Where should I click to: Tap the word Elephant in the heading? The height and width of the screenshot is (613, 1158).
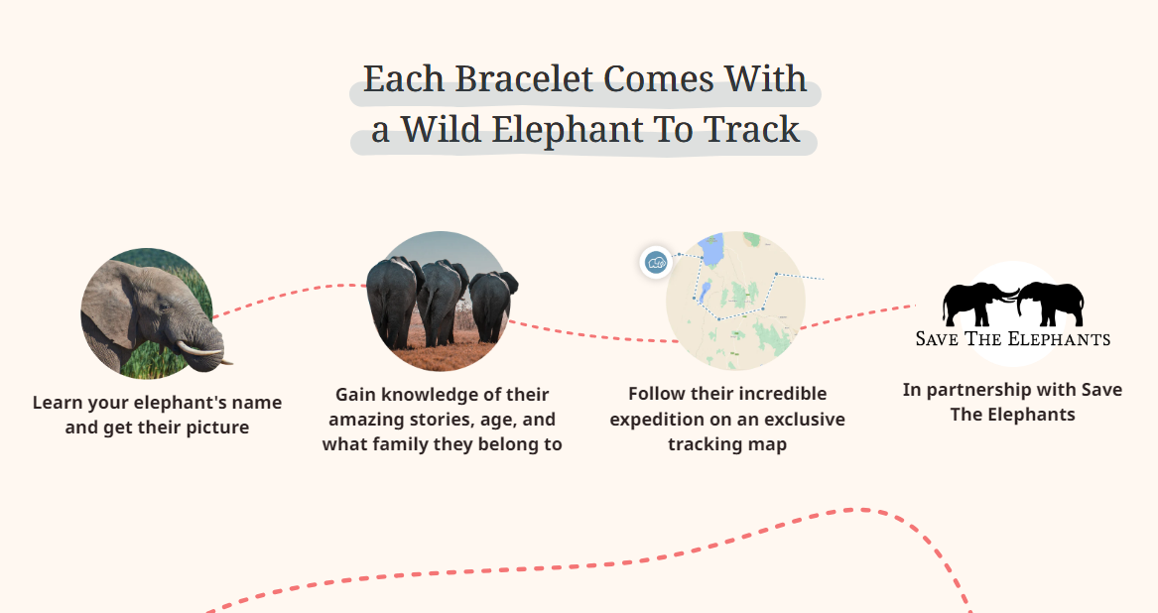[560, 130]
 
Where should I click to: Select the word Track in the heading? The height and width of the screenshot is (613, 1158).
[752, 130]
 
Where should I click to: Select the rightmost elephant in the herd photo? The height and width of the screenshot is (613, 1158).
[492, 306]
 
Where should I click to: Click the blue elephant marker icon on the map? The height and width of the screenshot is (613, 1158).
[656, 262]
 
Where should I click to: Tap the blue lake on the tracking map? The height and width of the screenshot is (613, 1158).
[711, 250]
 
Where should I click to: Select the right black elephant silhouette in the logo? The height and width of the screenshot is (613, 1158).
[1050, 303]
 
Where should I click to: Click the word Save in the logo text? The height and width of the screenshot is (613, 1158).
[937, 339]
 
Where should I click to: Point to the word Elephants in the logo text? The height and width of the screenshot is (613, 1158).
[1059, 339]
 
